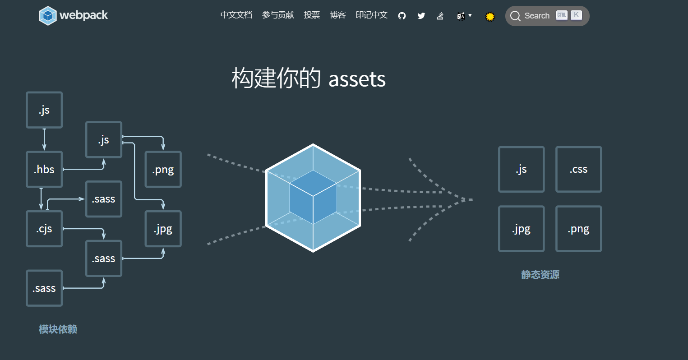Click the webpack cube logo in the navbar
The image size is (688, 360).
click(48, 15)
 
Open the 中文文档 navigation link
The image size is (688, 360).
click(236, 15)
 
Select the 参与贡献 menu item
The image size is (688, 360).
click(278, 15)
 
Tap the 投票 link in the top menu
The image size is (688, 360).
click(312, 15)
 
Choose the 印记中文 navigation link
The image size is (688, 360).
click(371, 15)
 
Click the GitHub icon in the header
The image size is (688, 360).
click(402, 16)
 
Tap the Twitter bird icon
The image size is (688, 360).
click(421, 16)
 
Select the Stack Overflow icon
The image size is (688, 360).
click(440, 16)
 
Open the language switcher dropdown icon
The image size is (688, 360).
click(463, 16)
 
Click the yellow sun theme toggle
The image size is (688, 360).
click(490, 17)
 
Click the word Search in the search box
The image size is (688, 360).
click(537, 16)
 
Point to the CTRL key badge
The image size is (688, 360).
click(562, 15)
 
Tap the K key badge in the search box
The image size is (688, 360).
click(576, 15)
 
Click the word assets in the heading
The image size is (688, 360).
click(357, 79)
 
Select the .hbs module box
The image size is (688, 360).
click(44, 170)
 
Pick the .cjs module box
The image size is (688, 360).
click(44, 229)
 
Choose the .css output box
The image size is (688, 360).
click(578, 170)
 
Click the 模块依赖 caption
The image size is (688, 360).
click(58, 329)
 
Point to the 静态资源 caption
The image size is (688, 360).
click(540, 275)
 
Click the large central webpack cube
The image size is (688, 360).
click(313, 198)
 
